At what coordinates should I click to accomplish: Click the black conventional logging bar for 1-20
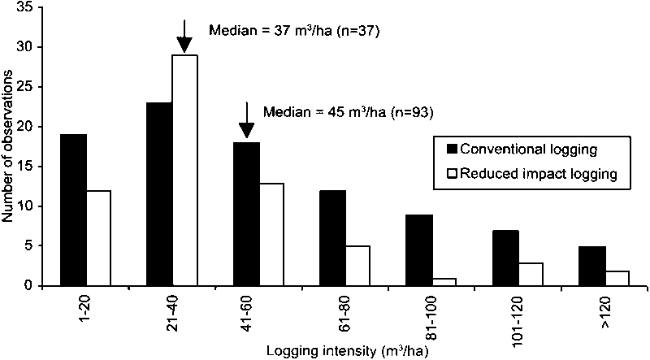[x=73, y=210]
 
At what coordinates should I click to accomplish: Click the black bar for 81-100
[x=419, y=249]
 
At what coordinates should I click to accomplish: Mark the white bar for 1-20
[x=99, y=237]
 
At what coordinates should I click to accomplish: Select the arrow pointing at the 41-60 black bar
[x=247, y=120]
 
